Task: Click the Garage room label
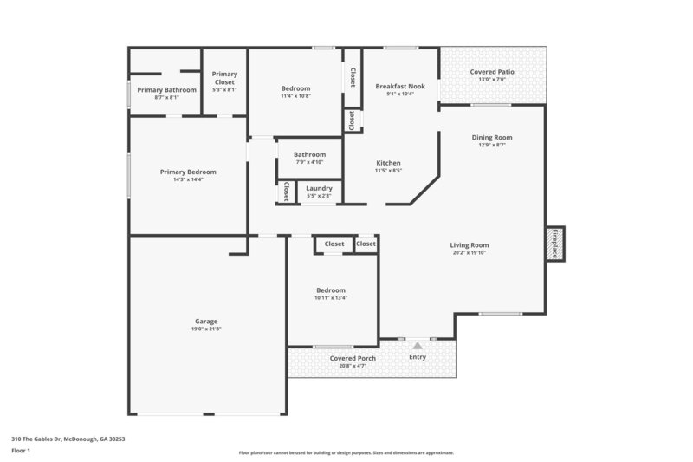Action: pos(205,321)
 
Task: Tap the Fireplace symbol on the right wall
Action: pos(554,244)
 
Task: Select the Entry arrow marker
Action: pos(418,345)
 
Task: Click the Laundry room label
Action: pos(320,187)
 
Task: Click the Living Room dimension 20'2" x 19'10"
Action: pos(470,253)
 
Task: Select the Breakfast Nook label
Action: pos(399,86)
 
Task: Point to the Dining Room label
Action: pos(492,137)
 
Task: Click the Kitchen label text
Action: pos(387,163)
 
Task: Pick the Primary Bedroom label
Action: pos(188,172)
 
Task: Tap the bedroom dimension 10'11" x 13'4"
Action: pos(331,298)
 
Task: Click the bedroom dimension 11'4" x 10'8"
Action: pos(296,96)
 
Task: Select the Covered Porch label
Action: pos(352,358)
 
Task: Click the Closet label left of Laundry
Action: pos(285,192)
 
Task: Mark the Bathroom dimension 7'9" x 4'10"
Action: pos(309,162)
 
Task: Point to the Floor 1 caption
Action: pos(22,451)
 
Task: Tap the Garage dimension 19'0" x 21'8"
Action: pos(206,329)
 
